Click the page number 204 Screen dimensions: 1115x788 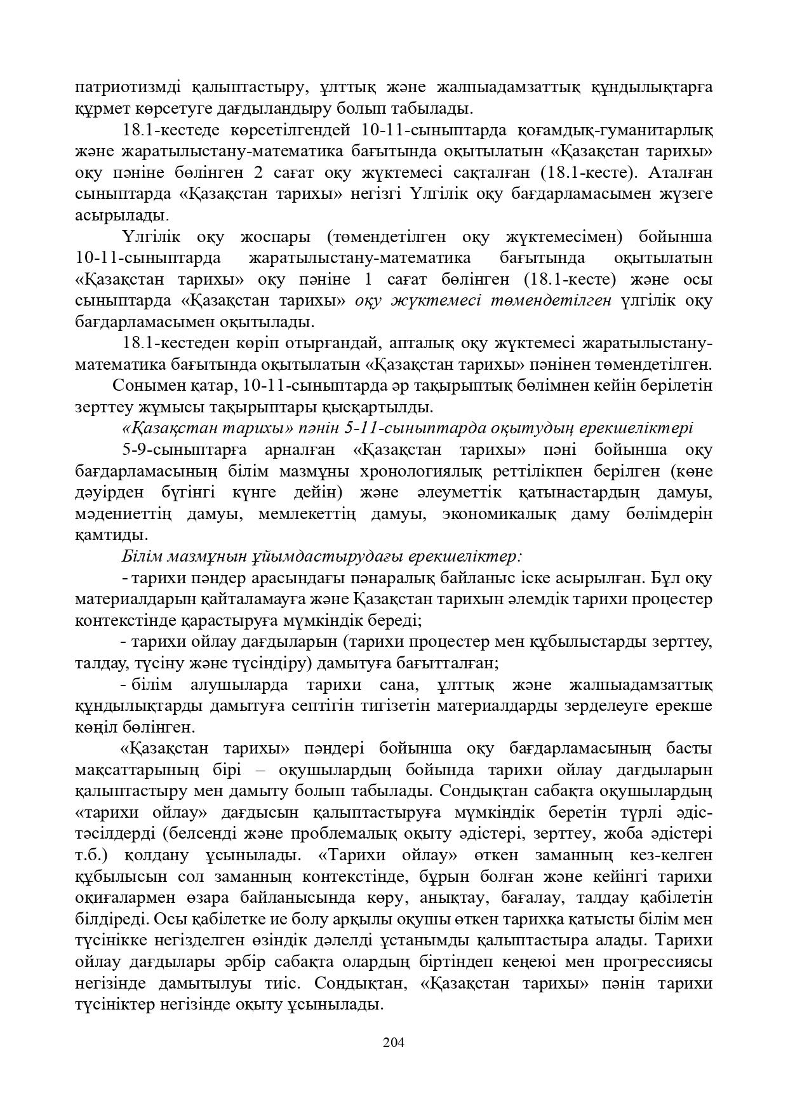394,1042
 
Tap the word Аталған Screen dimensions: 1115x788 680,173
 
